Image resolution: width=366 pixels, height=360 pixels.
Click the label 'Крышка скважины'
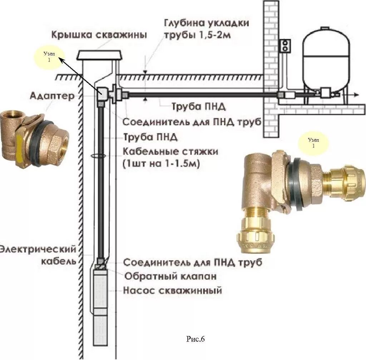tap(99, 35)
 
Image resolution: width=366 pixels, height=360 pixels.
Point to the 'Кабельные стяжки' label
tap(170, 152)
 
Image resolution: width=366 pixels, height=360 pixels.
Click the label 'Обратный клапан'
tap(170, 277)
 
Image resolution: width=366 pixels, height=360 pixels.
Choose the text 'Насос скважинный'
tap(172, 290)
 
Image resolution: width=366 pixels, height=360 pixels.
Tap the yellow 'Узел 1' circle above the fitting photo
tap(313, 142)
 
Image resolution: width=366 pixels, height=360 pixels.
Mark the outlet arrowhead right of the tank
tap(357, 94)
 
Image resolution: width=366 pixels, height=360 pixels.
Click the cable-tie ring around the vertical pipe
tap(98, 156)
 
